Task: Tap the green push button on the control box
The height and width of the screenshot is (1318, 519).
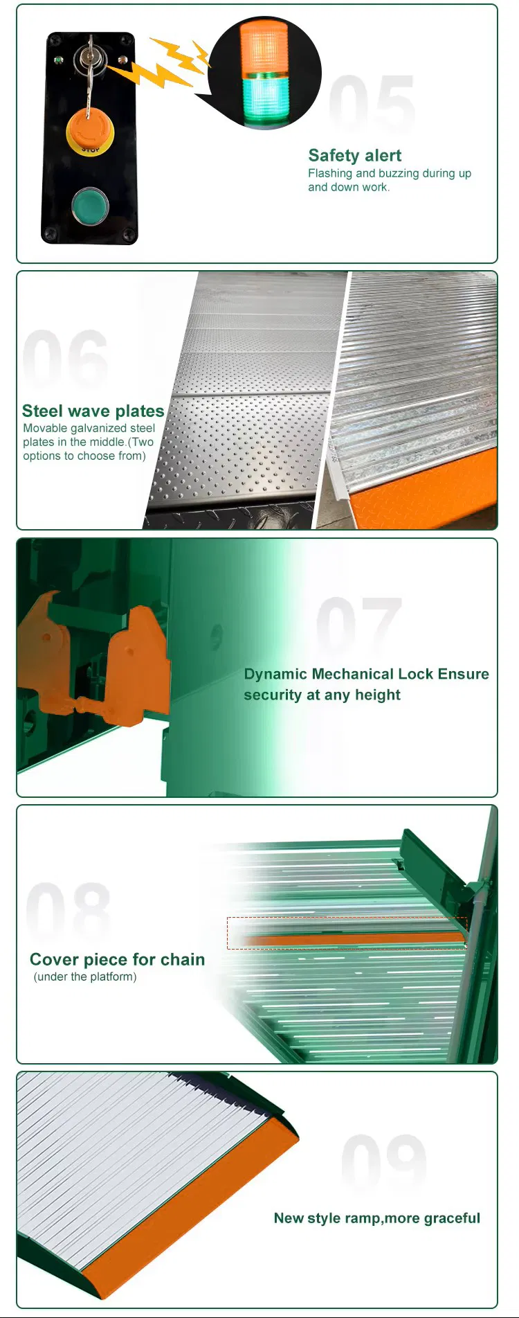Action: click(90, 206)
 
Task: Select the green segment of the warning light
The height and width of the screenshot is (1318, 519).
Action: click(263, 98)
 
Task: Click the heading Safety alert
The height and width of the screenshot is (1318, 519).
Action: click(355, 155)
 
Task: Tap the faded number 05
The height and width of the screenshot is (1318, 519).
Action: click(372, 103)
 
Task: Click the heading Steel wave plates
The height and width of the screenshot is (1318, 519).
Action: click(93, 411)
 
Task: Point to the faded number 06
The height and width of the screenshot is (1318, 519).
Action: click(66, 359)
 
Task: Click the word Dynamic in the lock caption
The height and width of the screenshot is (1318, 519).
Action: click(275, 675)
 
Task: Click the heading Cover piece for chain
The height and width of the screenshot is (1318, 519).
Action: click(118, 959)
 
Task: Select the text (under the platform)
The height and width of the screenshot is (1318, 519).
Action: click(85, 977)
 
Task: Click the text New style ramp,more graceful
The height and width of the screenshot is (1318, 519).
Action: click(377, 1218)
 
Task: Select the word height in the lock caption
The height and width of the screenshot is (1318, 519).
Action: click(378, 695)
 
